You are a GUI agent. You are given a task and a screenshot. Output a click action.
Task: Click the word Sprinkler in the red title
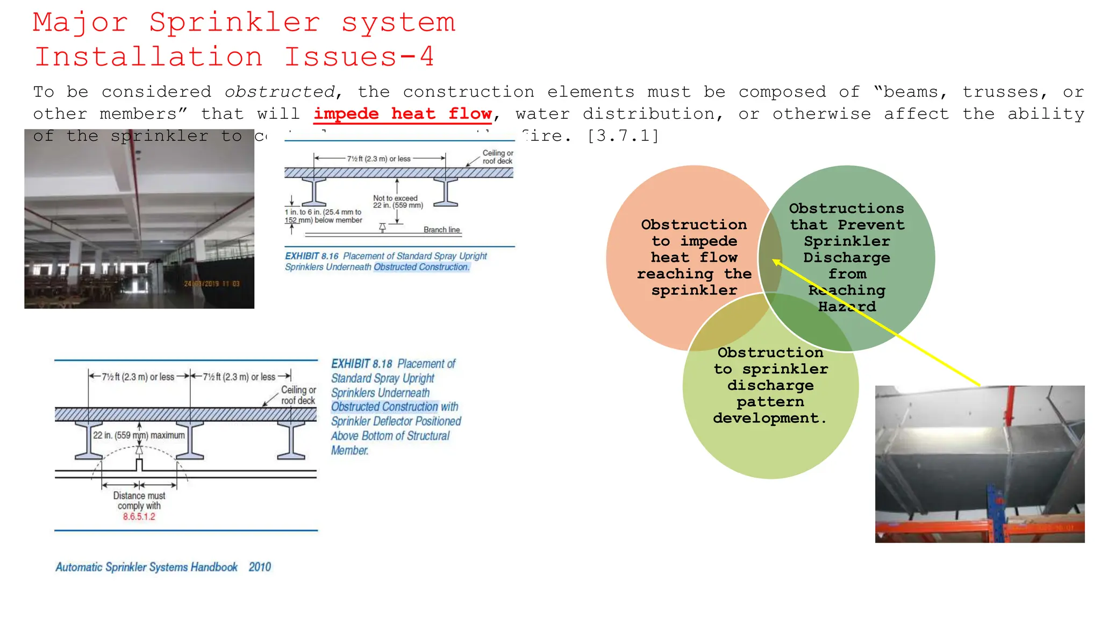pos(234,23)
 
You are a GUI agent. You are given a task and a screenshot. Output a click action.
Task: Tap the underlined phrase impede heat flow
pos(403,114)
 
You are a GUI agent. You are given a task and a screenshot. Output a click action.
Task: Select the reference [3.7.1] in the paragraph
pos(623,136)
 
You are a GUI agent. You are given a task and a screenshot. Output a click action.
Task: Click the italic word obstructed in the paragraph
pos(280,92)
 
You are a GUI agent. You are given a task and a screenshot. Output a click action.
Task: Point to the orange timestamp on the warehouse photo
pos(212,284)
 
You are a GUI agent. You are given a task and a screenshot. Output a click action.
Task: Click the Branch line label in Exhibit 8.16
pos(441,230)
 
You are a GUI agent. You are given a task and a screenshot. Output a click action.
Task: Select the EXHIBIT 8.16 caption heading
pos(312,256)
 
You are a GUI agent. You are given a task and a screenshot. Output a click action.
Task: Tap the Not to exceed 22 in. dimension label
pos(398,201)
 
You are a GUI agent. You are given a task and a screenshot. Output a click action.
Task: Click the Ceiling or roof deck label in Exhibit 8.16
pos(497,157)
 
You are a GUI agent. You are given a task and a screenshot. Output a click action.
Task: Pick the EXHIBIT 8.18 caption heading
pos(362,364)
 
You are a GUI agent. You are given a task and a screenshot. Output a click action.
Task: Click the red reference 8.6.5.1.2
pos(139,517)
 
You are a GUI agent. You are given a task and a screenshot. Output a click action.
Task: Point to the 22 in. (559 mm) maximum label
pos(139,435)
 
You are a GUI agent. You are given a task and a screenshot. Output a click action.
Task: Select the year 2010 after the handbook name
pos(260,567)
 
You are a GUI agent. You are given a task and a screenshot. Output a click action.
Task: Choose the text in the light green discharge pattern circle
pos(770,385)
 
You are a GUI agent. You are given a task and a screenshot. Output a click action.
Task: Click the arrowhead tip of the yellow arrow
pos(774,261)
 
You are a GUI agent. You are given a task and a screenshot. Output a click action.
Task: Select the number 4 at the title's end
pos(427,57)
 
